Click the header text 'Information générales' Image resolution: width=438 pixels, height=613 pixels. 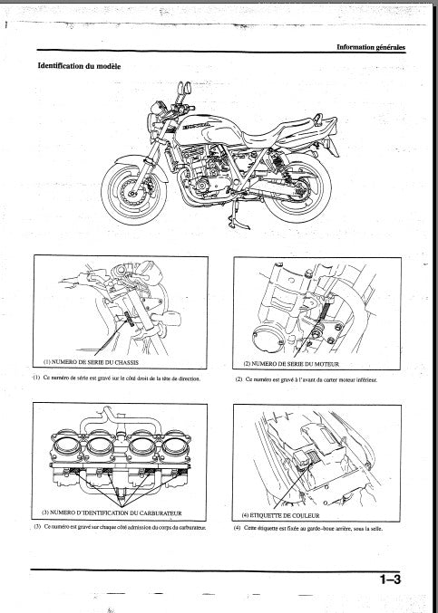(370, 47)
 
